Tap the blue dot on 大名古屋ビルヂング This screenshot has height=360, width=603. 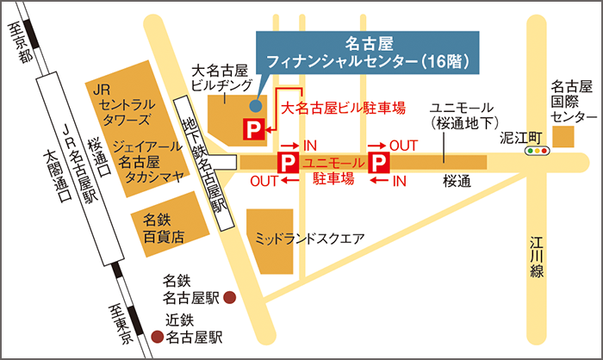click(255, 106)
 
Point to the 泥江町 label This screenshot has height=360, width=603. click(523, 136)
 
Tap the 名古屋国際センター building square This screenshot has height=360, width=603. click(564, 137)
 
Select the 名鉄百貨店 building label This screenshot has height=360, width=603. click(164, 229)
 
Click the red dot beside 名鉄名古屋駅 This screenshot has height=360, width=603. click(230, 298)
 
